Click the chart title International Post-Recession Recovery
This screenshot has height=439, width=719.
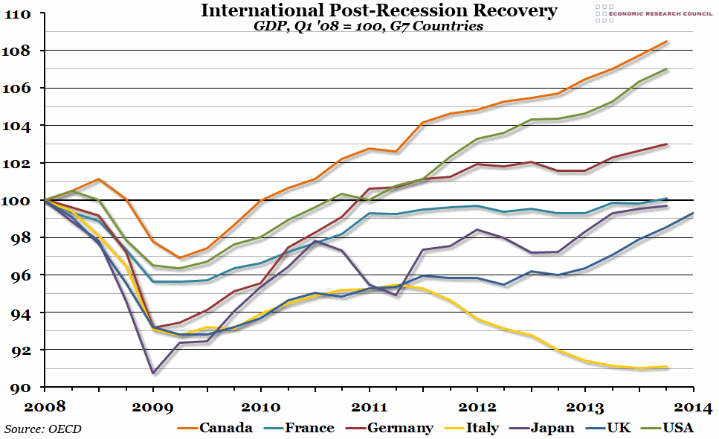point(368,10)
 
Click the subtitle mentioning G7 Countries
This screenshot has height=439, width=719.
point(368,26)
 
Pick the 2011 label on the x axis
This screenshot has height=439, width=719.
point(369,407)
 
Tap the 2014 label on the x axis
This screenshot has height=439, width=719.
point(693,407)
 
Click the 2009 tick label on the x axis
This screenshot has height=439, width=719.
point(152,407)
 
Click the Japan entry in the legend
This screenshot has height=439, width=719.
point(545,428)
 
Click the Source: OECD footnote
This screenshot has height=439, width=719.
point(43,429)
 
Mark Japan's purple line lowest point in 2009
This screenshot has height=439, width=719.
point(152,373)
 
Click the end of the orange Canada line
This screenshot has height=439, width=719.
point(666,42)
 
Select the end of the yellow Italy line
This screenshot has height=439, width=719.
point(666,367)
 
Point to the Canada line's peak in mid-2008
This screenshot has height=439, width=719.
point(99,179)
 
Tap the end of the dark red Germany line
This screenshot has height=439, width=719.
point(666,144)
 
